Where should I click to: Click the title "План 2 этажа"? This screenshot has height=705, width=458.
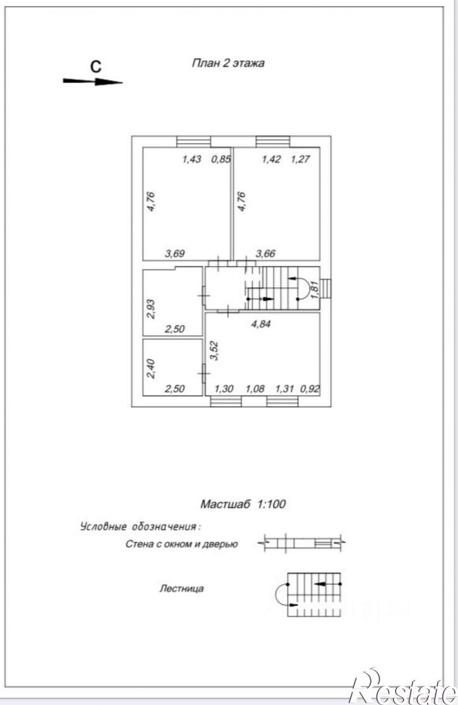228,63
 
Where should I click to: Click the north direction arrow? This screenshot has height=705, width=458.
92,82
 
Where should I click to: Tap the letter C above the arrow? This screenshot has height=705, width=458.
95,66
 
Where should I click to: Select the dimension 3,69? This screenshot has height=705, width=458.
174,254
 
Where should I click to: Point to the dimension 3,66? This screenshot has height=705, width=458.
265,254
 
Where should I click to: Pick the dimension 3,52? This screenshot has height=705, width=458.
214,351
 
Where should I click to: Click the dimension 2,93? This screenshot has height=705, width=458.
151,309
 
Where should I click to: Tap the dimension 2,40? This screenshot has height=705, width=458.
151,368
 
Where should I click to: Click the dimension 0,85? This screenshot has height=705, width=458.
221,159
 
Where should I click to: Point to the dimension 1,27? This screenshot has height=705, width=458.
301,159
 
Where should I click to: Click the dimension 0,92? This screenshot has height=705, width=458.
310,388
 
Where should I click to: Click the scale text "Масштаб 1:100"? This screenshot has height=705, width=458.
243,504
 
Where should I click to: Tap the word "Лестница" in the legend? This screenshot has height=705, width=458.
181,588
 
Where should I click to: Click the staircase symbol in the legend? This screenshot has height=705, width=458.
308,594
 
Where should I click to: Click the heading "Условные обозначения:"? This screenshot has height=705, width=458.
140,527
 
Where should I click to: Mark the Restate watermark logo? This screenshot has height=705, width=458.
404,692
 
